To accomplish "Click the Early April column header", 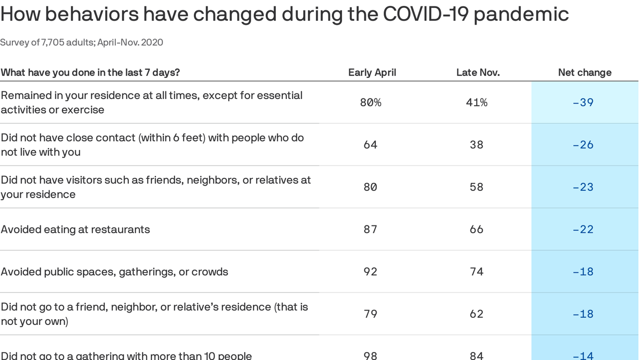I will click(x=372, y=73).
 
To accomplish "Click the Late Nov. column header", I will click(x=478, y=73).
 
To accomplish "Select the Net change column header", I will click(x=585, y=73).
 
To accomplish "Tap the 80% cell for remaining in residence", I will click(x=371, y=102).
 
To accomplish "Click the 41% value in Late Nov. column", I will click(x=476, y=102).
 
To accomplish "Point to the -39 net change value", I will click(x=583, y=102).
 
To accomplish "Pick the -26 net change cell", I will click(x=583, y=145).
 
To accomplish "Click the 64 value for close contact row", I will click(x=371, y=145).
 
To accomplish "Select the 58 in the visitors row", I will click(x=476, y=187).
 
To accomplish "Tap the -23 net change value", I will click(x=583, y=187).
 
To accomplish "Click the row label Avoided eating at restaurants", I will click(x=75, y=230).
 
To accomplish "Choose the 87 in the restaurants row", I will click(x=371, y=229).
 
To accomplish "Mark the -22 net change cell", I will click(x=583, y=229).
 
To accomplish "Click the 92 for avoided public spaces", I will click(x=371, y=272).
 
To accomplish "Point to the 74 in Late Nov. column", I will click(x=476, y=272).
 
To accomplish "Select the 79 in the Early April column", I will click(x=371, y=314).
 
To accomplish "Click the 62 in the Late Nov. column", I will click(x=476, y=314).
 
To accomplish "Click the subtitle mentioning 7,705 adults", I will click(x=82, y=43).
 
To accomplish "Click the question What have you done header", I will click(x=90, y=73).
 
